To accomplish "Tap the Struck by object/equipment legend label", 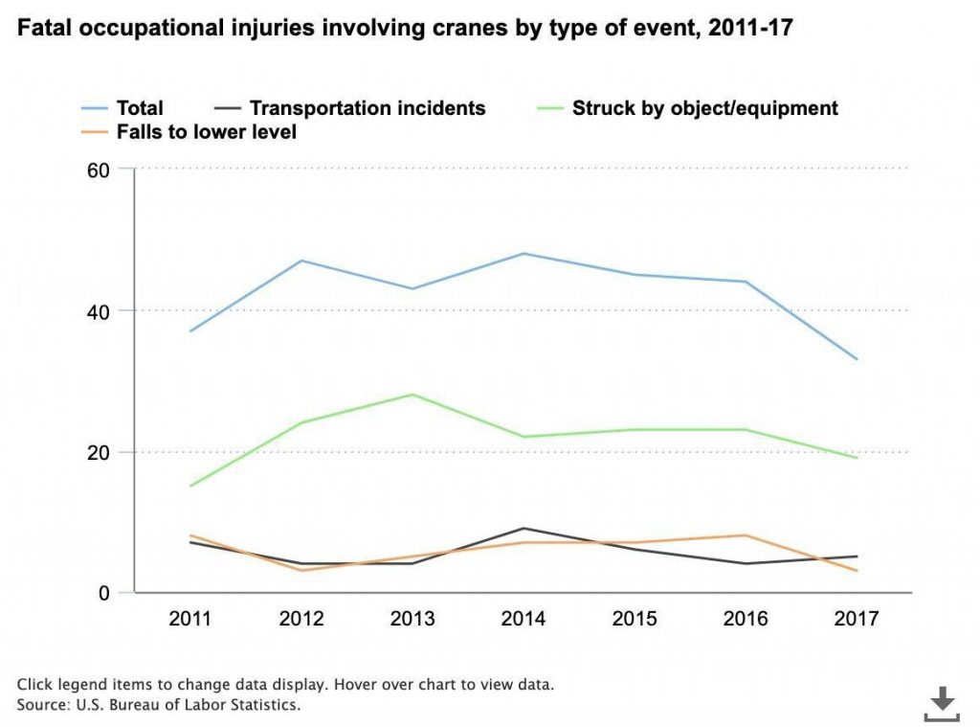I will [x=704, y=108].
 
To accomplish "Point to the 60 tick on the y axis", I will [x=100, y=170].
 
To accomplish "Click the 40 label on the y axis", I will [x=100, y=311].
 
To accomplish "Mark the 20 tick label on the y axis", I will [x=100, y=452].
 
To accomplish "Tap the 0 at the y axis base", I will [x=105, y=593].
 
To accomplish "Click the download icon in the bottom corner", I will [x=942, y=703].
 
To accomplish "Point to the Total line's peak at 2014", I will [x=523, y=254].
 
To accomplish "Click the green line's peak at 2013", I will [x=412, y=395].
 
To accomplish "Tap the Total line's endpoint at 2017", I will [x=856, y=359].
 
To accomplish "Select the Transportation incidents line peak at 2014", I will [x=523, y=529].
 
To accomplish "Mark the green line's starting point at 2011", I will [x=190, y=487].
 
